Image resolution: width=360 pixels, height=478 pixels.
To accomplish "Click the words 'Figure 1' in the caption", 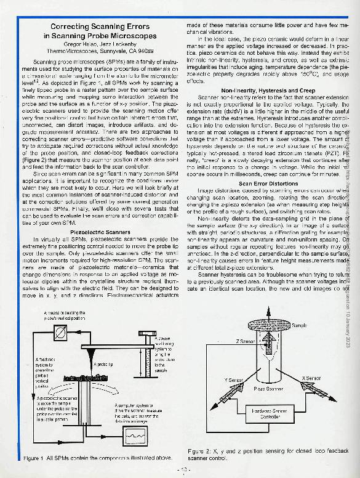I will pos(34,458).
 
